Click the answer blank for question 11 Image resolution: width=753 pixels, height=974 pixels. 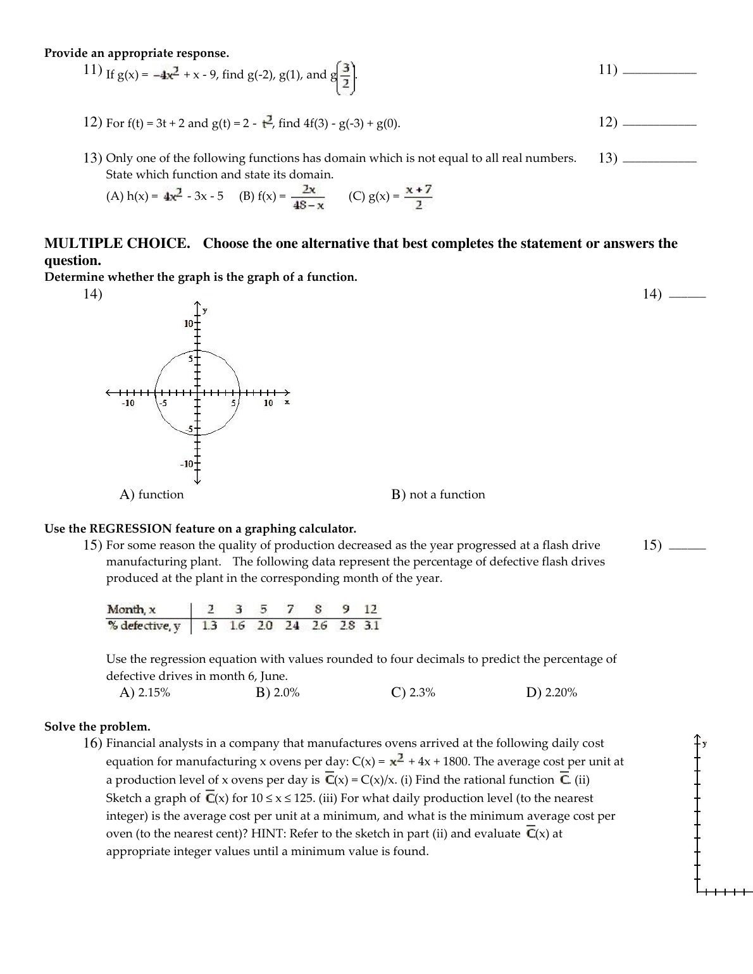click(659, 74)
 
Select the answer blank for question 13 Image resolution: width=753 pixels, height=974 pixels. click(659, 163)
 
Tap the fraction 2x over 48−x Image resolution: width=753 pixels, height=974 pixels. click(309, 197)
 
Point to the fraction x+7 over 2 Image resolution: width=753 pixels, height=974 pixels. click(419, 197)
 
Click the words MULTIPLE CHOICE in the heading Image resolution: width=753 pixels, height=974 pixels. click(117, 244)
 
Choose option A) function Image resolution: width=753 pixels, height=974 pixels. click(152, 495)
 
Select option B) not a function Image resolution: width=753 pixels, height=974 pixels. click(439, 495)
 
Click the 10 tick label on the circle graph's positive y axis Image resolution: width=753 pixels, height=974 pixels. click(189, 324)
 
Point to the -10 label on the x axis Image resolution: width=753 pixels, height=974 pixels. click(128, 403)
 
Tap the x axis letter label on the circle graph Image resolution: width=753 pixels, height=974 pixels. click(287, 402)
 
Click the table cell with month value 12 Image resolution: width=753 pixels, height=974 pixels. click(371, 609)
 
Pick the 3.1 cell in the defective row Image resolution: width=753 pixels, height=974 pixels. click(371, 626)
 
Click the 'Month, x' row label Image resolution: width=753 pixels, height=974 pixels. click(132, 609)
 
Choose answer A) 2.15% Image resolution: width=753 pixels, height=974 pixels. click(145, 693)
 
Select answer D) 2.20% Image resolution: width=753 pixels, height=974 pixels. click(552, 693)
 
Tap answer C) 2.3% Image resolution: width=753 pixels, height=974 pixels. click(414, 693)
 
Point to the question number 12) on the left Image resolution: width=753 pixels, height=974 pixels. click(93, 122)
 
